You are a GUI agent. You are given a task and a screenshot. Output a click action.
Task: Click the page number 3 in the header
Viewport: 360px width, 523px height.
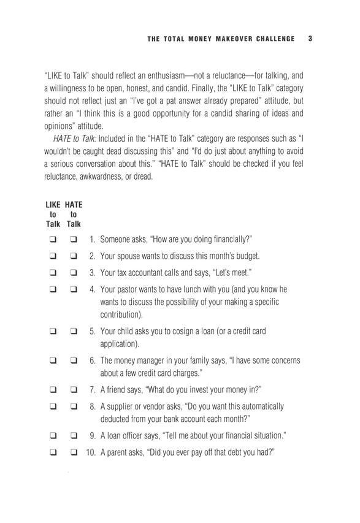[311, 39]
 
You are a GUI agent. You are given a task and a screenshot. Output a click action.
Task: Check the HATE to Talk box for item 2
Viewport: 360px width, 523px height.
[74, 256]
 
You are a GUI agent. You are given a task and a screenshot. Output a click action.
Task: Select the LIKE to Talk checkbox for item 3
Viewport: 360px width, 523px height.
[53, 272]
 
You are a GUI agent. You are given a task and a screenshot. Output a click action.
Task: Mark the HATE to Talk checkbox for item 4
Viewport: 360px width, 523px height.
[74, 289]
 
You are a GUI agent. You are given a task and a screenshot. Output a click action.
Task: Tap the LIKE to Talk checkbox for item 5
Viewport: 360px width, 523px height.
[53, 332]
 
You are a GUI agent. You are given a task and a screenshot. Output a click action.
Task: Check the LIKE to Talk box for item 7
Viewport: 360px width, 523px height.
[53, 389]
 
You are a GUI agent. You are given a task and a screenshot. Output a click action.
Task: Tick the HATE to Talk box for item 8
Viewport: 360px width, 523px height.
[74, 406]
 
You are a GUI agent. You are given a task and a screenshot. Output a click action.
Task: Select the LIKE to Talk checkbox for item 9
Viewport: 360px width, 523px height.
[53, 436]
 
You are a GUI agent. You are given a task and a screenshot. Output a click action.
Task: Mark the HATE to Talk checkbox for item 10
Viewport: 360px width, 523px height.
[74, 452]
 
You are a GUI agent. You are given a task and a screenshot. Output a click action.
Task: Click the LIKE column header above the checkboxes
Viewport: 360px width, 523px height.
[53, 204]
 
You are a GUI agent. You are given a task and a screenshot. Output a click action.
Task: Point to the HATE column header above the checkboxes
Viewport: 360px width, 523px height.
[74, 204]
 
